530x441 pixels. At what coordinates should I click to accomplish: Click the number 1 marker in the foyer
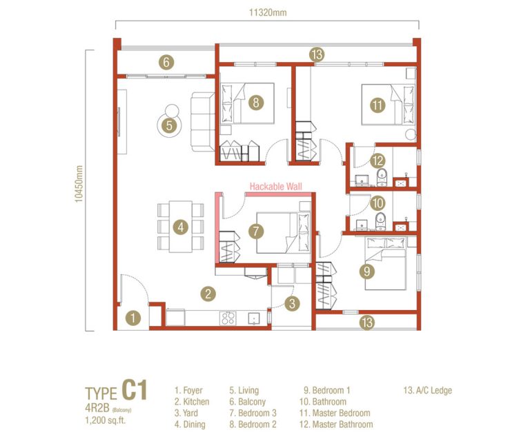pyautogui.click(x=133, y=318)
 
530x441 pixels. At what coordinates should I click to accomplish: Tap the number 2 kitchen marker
pyautogui.click(x=207, y=294)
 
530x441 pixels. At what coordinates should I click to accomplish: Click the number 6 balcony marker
pyautogui.click(x=165, y=62)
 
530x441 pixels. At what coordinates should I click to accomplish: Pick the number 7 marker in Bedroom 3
pyautogui.click(x=255, y=231)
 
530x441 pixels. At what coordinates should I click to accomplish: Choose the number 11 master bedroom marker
pyautogui.click(x=377, y=105)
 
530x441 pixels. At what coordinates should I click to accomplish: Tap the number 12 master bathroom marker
pyautogui.click(x=377, y=161)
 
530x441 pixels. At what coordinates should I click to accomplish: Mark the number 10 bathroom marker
pyautogui.click(x=377, y=203)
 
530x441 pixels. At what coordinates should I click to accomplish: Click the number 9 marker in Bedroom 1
pyautogui.click(x=368, y=271)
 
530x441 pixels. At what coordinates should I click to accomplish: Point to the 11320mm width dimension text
pyautogui.click(x=268, y=11)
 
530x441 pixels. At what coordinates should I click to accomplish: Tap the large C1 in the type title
pyautogui.click(x=135, y=390)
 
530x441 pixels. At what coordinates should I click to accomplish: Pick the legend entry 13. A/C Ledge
pyautogui.click(x=427, y=391)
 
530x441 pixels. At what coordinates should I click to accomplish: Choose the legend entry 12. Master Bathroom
pyautogui.click(x=337, y=424)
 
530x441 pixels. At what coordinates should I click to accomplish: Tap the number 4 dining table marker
pyautogui.click(x=179, y=226)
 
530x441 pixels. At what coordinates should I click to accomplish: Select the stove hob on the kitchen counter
pyautogui.click(x=228, y=318)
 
